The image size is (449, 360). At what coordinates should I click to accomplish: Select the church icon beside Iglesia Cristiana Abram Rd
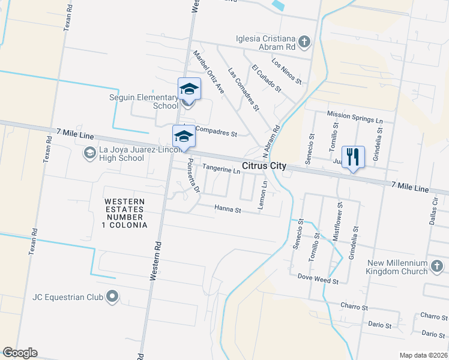(304, 41)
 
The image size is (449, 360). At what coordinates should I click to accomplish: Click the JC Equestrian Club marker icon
(112, 296)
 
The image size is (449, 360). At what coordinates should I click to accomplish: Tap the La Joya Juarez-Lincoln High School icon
(89, 154)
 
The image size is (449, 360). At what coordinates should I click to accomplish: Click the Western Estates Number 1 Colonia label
(124, 213)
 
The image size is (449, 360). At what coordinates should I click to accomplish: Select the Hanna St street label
(228, 210)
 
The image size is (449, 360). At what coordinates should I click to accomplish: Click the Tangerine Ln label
(221, 170)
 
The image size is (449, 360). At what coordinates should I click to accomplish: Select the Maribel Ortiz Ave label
(208, 71)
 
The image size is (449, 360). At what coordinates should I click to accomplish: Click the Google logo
(20, 353)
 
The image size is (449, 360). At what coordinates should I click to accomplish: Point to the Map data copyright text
(423, 355)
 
